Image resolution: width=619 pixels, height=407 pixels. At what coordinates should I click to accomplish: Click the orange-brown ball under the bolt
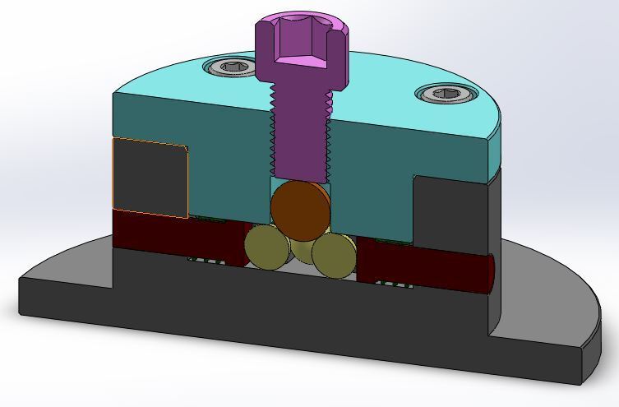pos(300,210)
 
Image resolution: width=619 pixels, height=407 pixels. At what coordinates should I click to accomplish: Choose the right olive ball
pos(333,256)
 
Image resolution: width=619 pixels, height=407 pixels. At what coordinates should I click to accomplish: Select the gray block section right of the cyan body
pos(452,214)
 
